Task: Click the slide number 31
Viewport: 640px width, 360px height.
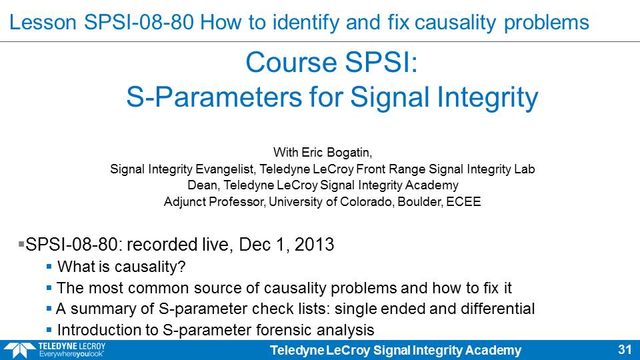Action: pyautogui.click(x=625, y=350)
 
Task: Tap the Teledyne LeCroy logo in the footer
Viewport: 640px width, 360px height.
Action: pyautogui.click(x=55, y=350)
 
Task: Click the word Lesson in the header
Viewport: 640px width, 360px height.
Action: pyautogui.click(x=43, y=22)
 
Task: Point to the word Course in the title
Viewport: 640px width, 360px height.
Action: pyautogui.click(x=291, y=63)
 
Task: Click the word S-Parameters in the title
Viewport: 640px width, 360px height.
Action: pyautogui.click(x=214, y=97)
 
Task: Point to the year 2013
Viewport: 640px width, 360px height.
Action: pyautogui.click(x=314, y=245)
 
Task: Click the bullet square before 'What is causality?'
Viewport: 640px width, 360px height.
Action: pyautogui.click(x=49, y=267)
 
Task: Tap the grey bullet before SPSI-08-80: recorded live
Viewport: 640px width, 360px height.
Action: pyautogui.click(x=21, y=244)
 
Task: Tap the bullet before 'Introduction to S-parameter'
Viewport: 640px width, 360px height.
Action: pyautogui.click(x=49, y=330)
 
